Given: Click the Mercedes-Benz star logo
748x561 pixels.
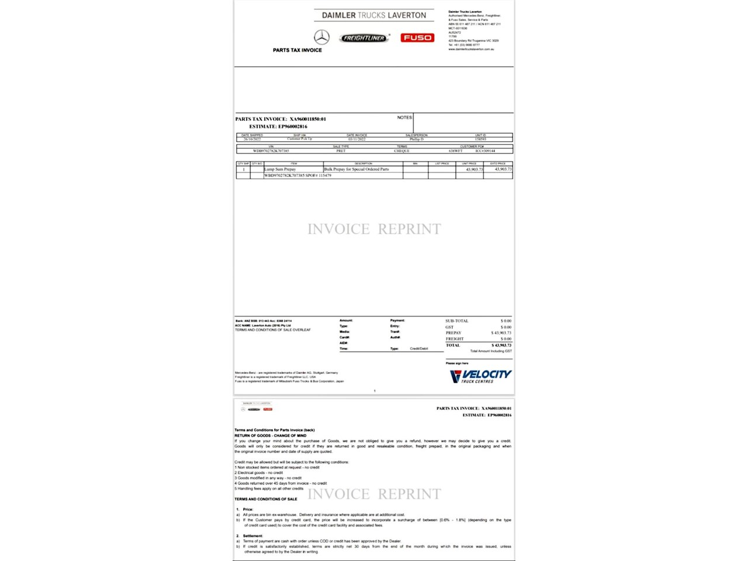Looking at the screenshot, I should point(321,37).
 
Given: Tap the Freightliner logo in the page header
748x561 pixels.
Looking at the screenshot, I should point(364,38).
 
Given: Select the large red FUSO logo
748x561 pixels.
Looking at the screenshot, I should point(417,37).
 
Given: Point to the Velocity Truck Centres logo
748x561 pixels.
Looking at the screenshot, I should point(480,376).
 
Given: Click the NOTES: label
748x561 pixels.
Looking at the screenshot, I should point(404,117).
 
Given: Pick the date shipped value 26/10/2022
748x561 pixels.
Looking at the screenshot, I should point(252,139).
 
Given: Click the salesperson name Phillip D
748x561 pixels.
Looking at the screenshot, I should point(417,139).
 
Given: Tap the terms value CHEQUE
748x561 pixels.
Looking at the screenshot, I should point(401,151).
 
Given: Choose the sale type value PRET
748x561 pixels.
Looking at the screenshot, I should point(341,151).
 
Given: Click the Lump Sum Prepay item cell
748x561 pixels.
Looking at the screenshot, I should point(280,169).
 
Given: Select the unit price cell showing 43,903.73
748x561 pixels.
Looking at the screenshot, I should point(474,169).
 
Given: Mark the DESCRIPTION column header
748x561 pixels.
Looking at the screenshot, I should point(363,164).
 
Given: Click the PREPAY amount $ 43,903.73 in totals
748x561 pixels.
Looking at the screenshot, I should point(501,333).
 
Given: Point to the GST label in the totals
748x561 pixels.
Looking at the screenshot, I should point(449,327).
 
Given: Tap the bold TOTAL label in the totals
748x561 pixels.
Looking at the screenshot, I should point(453,345).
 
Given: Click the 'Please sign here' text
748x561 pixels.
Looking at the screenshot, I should point(457,363).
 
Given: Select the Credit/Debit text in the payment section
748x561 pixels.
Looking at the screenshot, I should point(418,349).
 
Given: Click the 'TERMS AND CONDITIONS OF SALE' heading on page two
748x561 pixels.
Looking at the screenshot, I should point(266,499).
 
